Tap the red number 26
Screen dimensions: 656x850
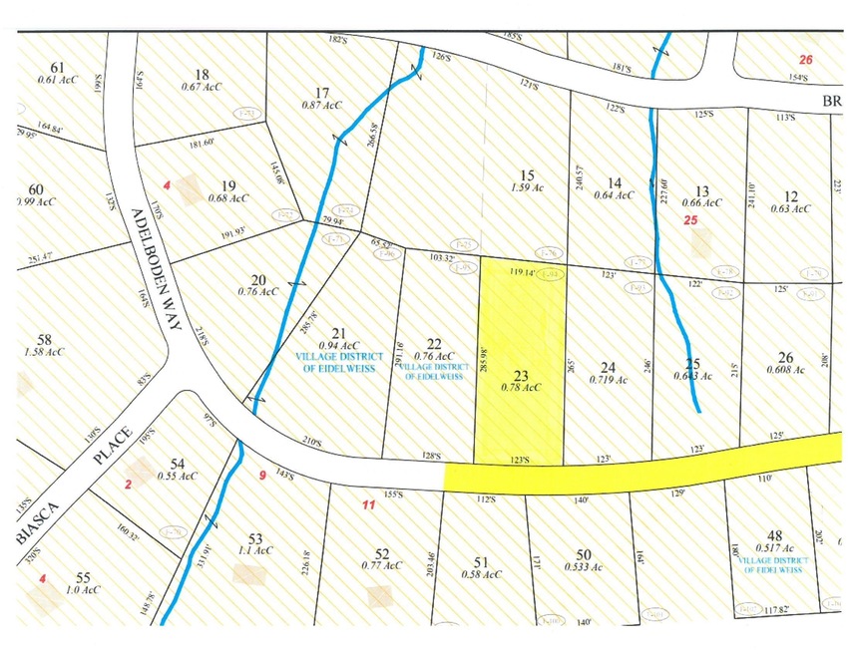[806, 60]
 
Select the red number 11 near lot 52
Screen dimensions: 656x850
[368, 505]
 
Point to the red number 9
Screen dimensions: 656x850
[263, 476]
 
